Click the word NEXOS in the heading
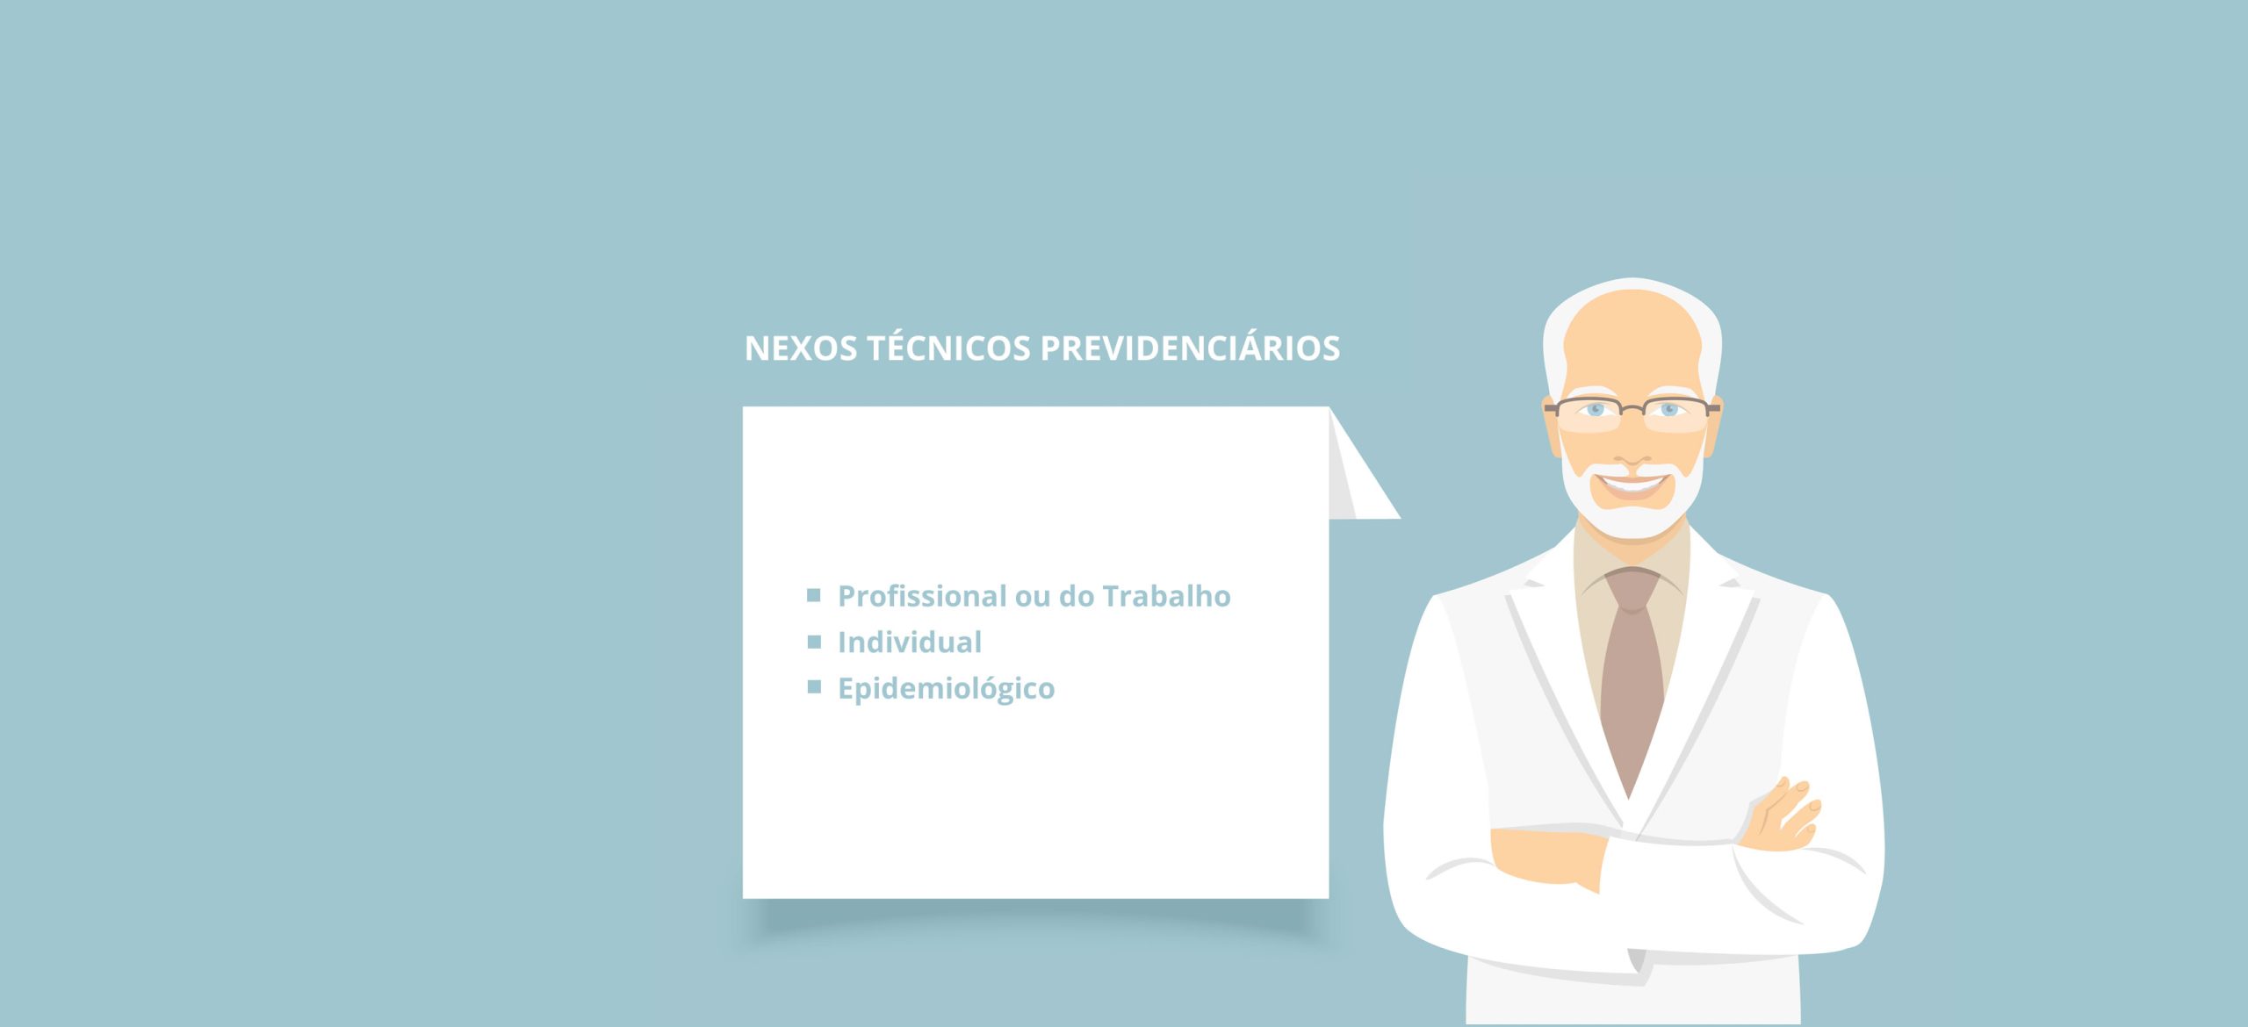(x=801, y=348)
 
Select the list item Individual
(x=910, y=642)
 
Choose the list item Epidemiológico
(x=946, y=689)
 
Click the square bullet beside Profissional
(x=814, y=595)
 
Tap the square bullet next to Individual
(x=814, y=642)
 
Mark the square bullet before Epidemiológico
(x=814, y=686)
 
